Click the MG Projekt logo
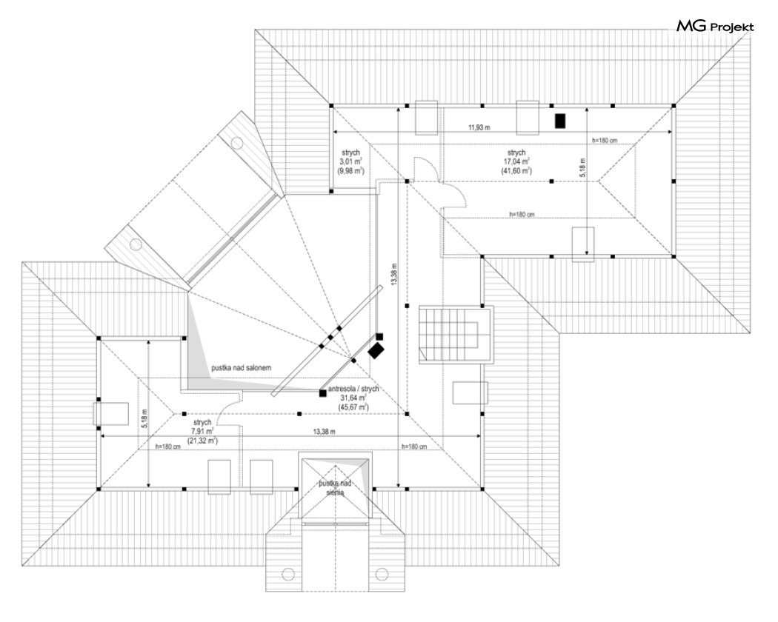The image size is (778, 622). [x=715, y=27]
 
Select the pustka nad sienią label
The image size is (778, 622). [x=335, y=488]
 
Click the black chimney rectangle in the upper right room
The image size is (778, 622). [x=561, y=120]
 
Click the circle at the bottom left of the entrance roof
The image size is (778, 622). [x=288, y=572]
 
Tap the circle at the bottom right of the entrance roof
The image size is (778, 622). [x=382, y=572]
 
